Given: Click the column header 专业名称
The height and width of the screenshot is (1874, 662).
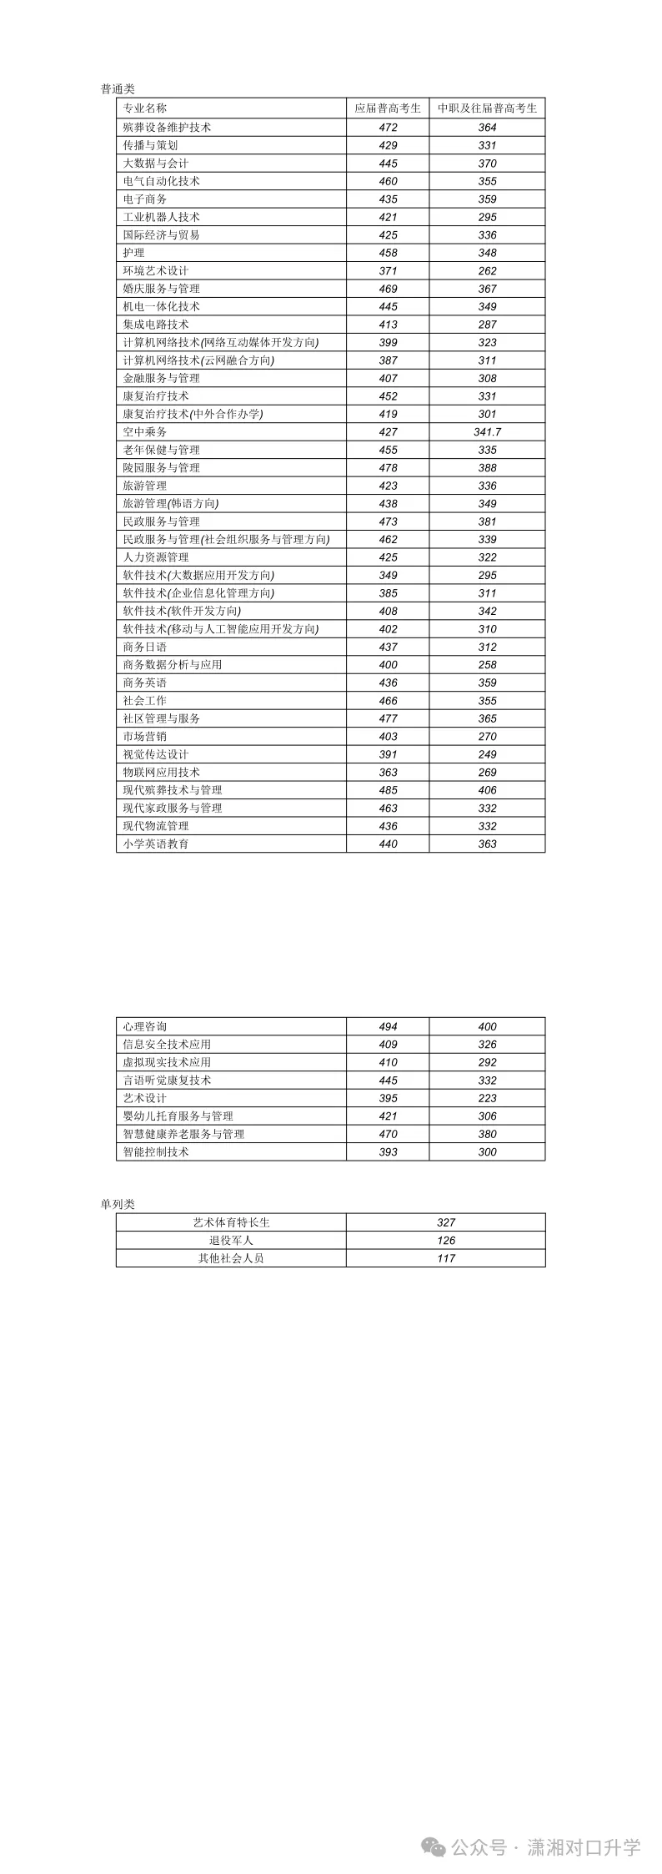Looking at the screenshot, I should coord(145,108).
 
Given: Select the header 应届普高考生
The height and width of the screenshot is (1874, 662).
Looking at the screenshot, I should coord(388,108).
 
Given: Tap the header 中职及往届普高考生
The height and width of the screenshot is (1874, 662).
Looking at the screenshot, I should coord(488,108).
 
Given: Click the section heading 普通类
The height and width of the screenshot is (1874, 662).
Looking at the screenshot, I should coord(118,89).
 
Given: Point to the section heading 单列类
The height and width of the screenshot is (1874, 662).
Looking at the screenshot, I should coord(118,1204).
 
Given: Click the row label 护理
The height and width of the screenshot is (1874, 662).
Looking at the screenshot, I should coord(134,253).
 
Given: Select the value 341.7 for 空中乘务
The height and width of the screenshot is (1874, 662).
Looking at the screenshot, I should coord(488,432).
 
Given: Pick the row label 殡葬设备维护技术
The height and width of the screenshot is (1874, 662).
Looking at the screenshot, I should coord(167,128).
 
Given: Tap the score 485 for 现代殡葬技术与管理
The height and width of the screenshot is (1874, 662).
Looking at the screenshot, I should coord(388,790).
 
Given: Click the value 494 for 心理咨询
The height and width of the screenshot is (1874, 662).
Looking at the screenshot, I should coord(388,1027).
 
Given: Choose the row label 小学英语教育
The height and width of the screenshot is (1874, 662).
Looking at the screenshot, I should coord(156,844).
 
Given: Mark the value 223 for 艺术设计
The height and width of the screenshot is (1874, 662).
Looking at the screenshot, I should coord(488,1099).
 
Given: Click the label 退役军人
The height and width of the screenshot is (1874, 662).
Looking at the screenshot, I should coord(231,1241).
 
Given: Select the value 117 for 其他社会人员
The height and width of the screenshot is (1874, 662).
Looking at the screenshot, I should coord(446,1258).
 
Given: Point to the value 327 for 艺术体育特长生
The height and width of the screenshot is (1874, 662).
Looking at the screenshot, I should coord(446,1222).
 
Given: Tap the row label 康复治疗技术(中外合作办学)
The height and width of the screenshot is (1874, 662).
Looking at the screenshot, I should coord(193,414).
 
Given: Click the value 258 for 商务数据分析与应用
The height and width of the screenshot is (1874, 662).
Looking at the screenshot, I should coord(488,665).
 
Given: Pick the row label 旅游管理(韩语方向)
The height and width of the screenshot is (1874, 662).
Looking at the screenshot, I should coord(170,504).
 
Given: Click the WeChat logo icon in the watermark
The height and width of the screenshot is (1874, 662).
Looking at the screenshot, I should coord(434,1848).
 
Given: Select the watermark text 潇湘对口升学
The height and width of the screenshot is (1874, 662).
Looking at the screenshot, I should coord(584,1848).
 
